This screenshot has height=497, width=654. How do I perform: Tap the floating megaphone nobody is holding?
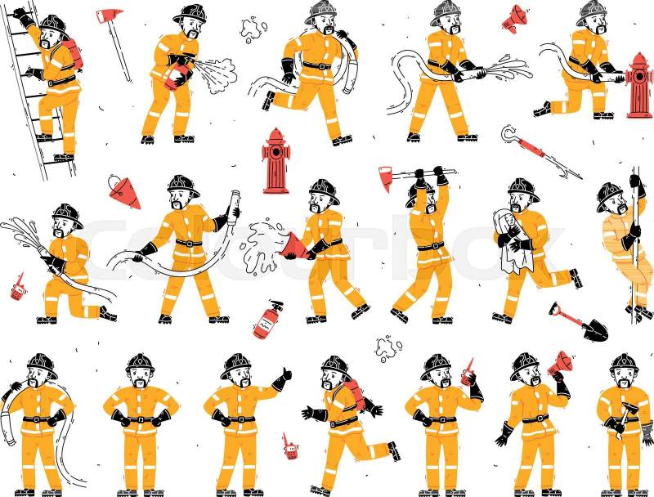[514, 18]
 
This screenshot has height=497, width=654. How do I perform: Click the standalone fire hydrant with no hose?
[275, 161]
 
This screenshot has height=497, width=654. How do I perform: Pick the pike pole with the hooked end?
[541, 152]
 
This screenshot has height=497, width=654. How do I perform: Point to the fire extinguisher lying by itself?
[267, 320]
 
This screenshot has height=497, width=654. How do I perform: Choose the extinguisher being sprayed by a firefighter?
[176, 72]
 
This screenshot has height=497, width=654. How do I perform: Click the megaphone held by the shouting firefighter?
[559, 363]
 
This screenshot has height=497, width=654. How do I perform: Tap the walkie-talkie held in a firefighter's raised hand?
[468, 372]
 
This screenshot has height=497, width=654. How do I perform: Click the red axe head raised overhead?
[385, 178]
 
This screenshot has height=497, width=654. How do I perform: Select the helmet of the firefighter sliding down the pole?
[610, 196]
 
